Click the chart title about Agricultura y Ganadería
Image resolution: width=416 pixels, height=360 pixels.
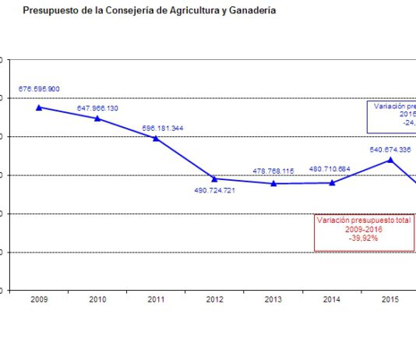coord(149,11)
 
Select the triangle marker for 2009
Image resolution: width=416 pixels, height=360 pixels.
coord(39,107)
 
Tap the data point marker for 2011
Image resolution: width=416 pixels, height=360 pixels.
coord(156,138)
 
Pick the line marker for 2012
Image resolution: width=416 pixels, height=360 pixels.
coord(214,178)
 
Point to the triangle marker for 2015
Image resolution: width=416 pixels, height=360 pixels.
coord(390,160)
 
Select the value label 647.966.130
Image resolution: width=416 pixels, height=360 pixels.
coord(97,108)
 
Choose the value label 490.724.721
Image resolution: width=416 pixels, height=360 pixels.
coord(214,191)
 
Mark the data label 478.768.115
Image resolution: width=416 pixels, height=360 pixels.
coord(273,171)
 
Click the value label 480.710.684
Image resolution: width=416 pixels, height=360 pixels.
coord(330,168)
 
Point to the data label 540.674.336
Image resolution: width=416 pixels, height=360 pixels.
coord(390,148)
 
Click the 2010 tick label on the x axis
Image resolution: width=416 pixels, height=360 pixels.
coord(97,299)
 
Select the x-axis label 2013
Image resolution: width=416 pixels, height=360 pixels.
coord(273,299)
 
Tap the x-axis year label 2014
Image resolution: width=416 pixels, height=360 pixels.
coord(331,299)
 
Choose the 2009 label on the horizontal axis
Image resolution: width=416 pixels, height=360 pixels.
coord(39,299)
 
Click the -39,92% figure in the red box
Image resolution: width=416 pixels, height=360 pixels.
coord(364,238)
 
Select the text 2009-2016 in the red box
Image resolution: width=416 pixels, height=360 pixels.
coord(364,230)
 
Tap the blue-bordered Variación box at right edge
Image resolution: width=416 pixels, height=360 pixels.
coord(392,116)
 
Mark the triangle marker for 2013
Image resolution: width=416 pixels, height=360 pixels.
coord(273,183)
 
